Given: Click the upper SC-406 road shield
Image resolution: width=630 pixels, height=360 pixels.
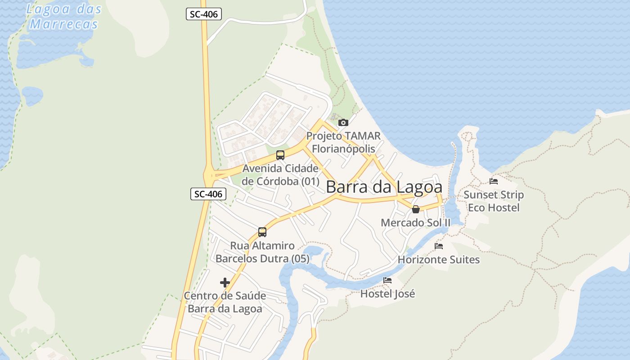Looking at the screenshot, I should point(204,14).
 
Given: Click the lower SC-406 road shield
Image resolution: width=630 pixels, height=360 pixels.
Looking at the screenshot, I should point(208,194).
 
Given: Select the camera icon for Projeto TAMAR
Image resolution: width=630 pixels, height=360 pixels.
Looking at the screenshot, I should point(343,122).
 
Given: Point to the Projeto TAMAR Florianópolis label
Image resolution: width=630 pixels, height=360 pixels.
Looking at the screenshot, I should point(343,142).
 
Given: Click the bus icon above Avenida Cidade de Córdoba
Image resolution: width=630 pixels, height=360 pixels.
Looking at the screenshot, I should point(280,155).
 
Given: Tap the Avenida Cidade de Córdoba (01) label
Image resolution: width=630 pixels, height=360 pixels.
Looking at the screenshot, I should point(280,175).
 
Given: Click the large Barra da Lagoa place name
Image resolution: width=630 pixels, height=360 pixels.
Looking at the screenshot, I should point(384,187).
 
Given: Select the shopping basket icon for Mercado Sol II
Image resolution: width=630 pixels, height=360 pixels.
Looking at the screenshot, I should point(416,209).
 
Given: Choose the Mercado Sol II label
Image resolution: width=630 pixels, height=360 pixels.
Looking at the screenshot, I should point(415,223).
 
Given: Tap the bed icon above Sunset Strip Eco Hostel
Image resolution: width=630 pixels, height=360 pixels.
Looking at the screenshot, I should point(494,181).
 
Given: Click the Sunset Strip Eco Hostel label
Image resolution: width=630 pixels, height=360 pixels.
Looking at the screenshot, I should point(494,201).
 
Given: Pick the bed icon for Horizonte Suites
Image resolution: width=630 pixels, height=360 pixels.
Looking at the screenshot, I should point(439,246).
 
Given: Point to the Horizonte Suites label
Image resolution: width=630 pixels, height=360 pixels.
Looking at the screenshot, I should point(439,260).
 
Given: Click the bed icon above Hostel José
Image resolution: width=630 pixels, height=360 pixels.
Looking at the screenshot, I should point(387,280).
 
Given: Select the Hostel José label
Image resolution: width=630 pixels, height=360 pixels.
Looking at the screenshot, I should point(387,294).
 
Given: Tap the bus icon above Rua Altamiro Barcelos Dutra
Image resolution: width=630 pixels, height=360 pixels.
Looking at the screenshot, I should point(262,232).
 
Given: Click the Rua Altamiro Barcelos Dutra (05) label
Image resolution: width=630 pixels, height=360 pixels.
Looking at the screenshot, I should point(262,252).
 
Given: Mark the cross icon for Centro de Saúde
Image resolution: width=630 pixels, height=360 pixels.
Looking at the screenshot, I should point(225,283).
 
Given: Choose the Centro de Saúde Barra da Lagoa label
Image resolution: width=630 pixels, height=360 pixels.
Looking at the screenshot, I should point(225,302).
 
